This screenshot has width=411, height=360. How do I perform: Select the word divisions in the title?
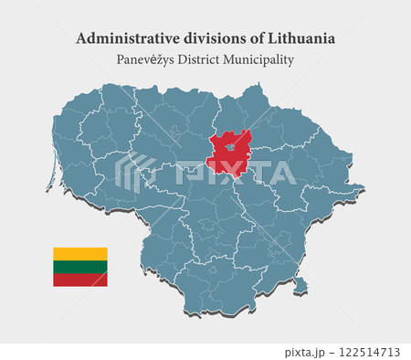coord(197,39)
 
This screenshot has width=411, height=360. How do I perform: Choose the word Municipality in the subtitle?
coord(270,60)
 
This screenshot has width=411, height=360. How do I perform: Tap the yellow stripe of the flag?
coord(80,253)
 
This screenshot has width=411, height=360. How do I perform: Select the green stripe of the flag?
coord(80,266)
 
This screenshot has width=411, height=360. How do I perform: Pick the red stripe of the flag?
coord(80,280)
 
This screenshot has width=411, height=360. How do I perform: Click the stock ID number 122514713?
coord(369,352)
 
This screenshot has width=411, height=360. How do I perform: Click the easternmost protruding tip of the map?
coord(364,189)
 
